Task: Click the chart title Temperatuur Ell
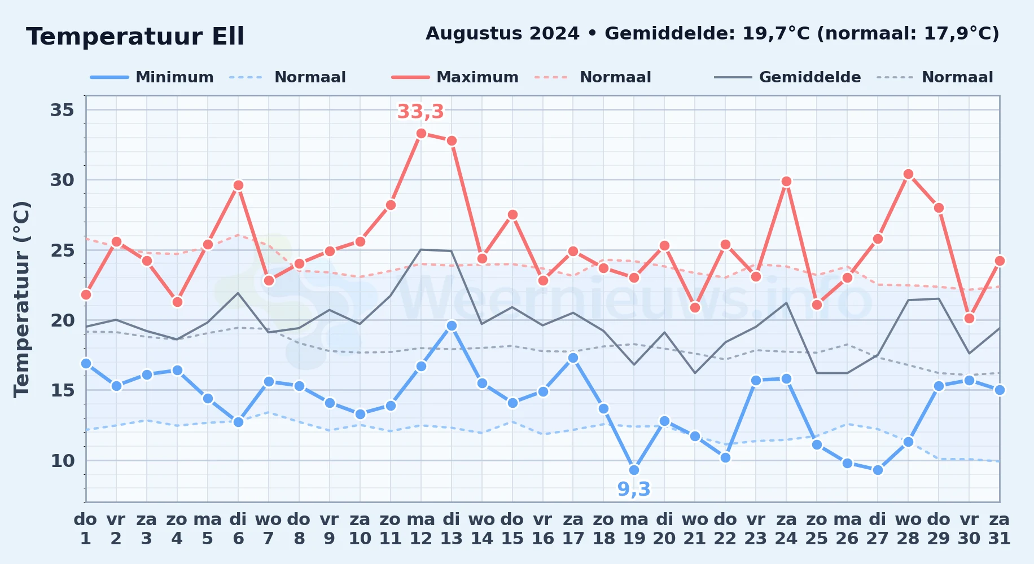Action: click(x=135, y=37)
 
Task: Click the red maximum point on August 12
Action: click(x=421, y=134)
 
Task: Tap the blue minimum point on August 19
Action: click(x=634, y=470)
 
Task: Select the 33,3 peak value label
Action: click(x=420, y=112)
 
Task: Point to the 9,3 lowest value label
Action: click(x=634, y=489)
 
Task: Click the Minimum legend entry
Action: click(x=152, y=77)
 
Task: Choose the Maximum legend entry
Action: click(x=455, y=77)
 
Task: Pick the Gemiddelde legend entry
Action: click(x=788, y=77)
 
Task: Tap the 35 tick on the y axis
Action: click(x=62, y=110)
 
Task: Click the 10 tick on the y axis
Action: click(x=62, y=461)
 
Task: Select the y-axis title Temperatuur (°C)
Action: click(x=22, y=299)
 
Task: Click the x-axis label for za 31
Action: click(x=999, y=528)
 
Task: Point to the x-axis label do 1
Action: click(x=86, y=528)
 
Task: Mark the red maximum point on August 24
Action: click(x=786, y=181)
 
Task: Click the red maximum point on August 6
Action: click(x=238, y=185)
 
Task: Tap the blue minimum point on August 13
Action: click(x=452, y=325)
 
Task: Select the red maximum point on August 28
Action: click(x=908, y=174)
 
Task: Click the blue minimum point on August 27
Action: click(x=878, y=470)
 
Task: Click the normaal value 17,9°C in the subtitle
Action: click(x=958, y=34)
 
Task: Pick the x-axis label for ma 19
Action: click(x=634, y=528)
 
